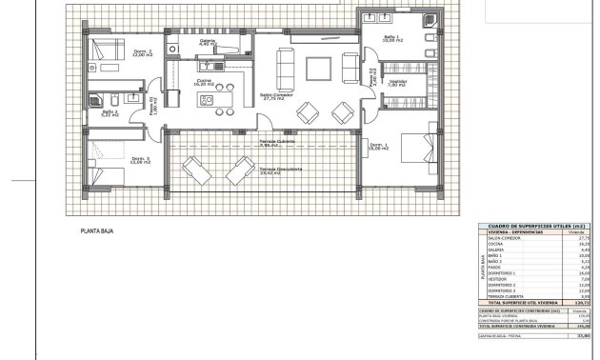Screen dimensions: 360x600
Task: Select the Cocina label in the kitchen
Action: (x=205, y=82)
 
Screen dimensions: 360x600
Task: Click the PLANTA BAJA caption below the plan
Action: (x=97, y=230)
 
